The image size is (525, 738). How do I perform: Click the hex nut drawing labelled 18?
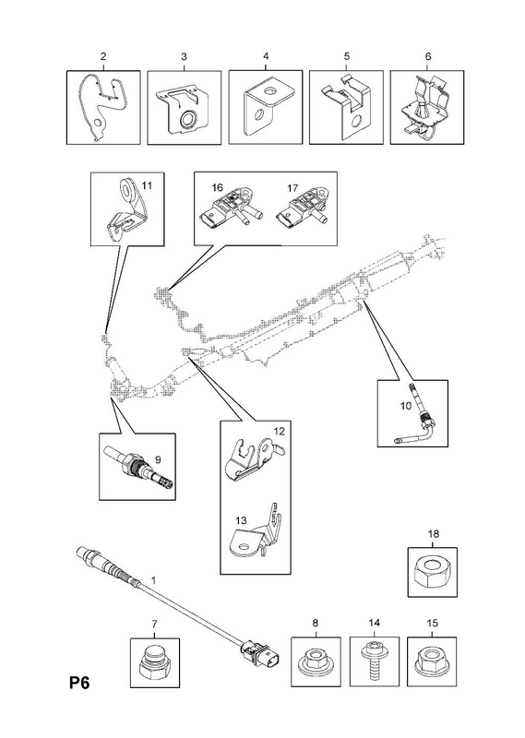pos(432,572)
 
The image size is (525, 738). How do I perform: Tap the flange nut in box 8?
pos(316,660)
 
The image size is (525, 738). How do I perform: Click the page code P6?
pos(79,683)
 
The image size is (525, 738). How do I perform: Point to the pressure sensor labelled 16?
pos(231,213)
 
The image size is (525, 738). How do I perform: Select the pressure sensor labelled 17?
pos(303,213)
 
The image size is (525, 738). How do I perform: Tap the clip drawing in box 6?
pos(427,108)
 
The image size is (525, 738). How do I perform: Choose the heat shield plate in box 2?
pos(102,107)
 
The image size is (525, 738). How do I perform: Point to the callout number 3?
pos(184,56)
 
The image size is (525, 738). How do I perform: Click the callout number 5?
pos(347,56)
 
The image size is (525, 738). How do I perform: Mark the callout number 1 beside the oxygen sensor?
pos(153,580)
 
